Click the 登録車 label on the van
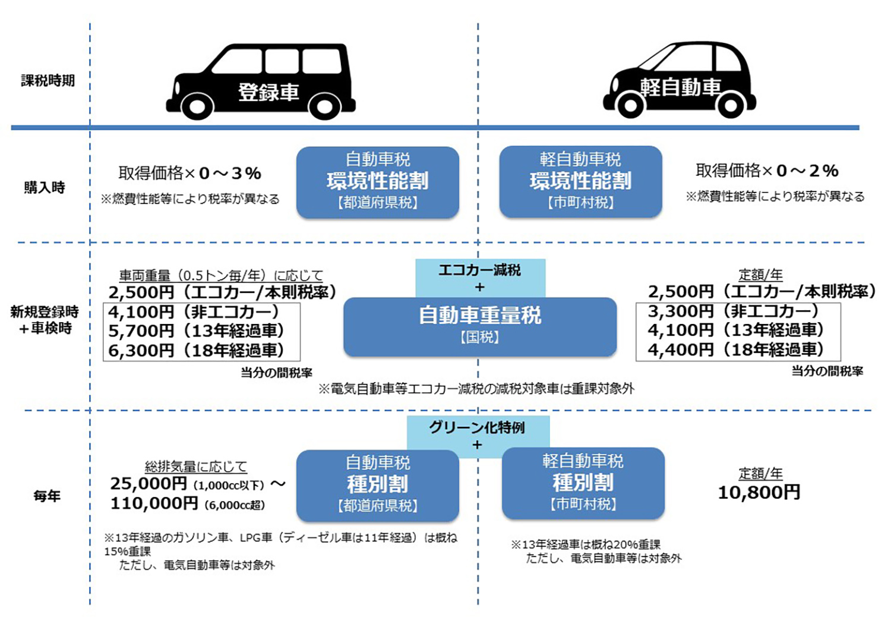[x=268, y=92]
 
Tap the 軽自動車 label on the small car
[x=681, y=87]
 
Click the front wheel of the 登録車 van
[x=197, y=106]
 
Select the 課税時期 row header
[x=48, y=81]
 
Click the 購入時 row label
[x=45, y=187]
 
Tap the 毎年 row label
[x=47, y=496]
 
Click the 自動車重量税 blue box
[x=480, y=327]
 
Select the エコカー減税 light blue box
[x=480, y=278]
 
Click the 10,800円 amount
[x=759, y=492]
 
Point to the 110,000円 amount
[x=154, y=503]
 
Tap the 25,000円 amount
[x=148, y=483]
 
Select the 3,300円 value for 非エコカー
[x=681, y=311]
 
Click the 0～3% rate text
[x=230, y=173]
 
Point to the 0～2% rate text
[x=807, y=171]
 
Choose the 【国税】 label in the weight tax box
[x=480, y=338]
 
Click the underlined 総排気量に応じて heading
[x=196, y=467]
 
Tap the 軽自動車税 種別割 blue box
[x=583, y=483]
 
